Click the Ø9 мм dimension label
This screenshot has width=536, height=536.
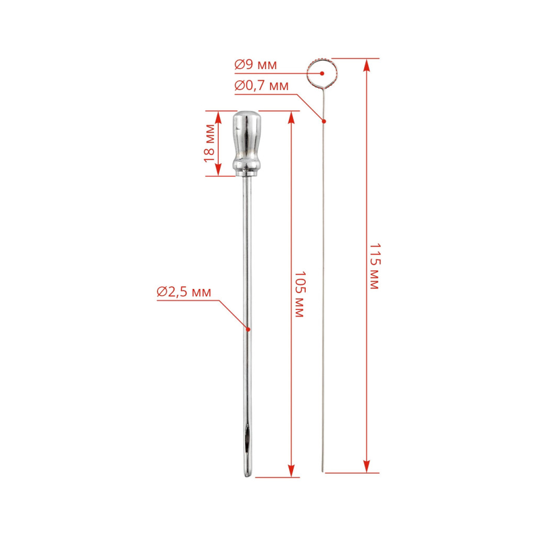(255, 64)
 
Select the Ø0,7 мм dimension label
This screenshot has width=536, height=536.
(262, 85)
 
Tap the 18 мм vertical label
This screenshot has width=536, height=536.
(209, 143)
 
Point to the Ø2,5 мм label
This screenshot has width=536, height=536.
(184, 292)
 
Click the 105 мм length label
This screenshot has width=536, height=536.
(299, 295)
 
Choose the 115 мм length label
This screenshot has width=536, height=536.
(375, 266)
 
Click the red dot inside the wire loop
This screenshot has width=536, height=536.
(322, 73)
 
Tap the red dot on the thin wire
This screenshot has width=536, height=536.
(324, 121)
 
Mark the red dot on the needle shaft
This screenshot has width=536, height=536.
(249, 329)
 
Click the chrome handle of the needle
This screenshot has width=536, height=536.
(247, 143)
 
